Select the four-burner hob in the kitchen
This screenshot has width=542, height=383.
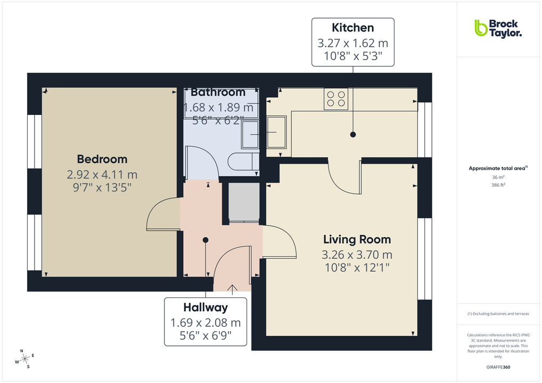pos(336,99)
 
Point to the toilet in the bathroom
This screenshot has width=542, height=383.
pos(242,161)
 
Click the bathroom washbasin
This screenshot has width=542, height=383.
pos(250,134)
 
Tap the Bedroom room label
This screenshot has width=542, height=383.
pos(102,159)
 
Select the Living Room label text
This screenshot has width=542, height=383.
pos(357,239)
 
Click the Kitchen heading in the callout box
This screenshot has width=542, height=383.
pos(352,28)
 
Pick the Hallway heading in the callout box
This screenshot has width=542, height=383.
pos(206,307)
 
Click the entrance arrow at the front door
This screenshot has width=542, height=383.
pos(232,288)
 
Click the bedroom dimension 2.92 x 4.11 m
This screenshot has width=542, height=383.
pos(102,174)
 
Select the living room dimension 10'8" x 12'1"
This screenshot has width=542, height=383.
pos(357,268)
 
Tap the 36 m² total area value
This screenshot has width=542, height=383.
pos(498,177)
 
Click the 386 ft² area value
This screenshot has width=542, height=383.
pos(498,185)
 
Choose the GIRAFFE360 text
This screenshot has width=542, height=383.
pos(498,367)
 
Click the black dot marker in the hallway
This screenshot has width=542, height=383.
pos(206,240)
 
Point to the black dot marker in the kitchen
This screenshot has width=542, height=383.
pos(352,135)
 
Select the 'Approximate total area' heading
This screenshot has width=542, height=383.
pos(498,168)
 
